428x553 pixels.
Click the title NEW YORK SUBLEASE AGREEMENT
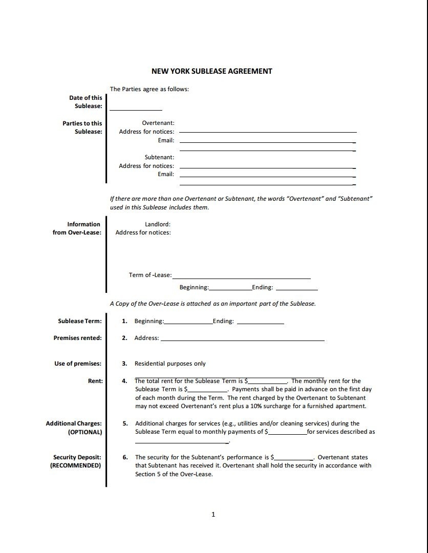211,71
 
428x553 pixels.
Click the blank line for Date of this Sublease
136,107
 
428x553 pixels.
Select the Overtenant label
158,123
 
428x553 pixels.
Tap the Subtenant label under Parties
159,157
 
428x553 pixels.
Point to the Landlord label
158,224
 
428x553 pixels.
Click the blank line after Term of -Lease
241,275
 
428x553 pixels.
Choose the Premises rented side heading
77,338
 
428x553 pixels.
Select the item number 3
124,364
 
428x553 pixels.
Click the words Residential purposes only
170,364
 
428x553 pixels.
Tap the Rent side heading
96,380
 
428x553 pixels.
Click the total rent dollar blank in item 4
268,381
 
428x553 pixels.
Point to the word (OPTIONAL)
85,432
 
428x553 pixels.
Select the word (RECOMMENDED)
75,465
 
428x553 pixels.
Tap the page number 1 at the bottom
213,514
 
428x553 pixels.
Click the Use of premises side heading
78,364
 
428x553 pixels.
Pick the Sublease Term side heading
80,321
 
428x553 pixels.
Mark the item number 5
125,423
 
